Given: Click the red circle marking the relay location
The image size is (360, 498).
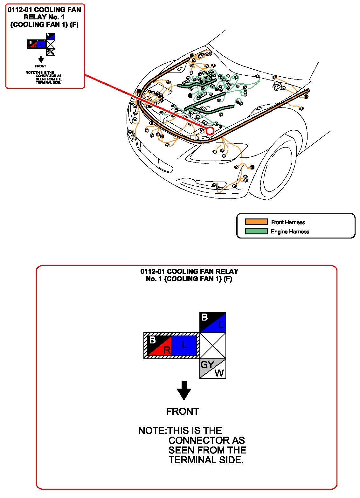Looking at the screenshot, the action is [210, 131].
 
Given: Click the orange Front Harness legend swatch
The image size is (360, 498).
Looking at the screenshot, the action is [256, 222].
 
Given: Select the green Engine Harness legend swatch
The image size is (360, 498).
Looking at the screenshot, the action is [256, 231].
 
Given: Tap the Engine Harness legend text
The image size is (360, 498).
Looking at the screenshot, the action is [290, 232].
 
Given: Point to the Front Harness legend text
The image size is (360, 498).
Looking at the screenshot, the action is [288, 222].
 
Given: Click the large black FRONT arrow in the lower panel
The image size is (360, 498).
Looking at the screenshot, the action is [184, 390].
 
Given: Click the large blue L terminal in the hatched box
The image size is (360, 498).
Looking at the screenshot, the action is [184, 345].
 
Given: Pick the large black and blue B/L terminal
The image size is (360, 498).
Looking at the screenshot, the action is [212, 322].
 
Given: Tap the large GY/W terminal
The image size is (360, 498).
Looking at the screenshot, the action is [212, 369].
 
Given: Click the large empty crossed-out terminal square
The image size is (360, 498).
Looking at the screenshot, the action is [212, 346].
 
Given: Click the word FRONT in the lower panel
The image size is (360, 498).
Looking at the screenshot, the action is [183, 411].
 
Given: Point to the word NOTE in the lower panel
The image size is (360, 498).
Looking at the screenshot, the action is [152, 431].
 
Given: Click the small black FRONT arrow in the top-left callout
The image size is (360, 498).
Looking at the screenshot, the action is [41, 59].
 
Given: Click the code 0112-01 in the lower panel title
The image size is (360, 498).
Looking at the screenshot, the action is [153, 271].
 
